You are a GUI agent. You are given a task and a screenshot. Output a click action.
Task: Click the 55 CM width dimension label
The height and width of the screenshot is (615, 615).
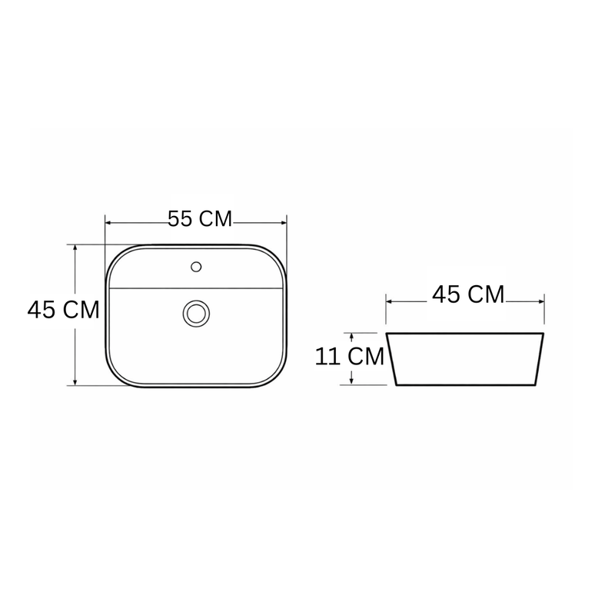200,219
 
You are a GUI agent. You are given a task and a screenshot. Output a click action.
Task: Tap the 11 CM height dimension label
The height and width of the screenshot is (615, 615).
350,357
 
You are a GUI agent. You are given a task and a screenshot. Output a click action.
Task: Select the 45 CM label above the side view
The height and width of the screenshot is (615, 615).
468,294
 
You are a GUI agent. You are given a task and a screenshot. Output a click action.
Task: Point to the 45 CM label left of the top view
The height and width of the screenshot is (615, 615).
64,310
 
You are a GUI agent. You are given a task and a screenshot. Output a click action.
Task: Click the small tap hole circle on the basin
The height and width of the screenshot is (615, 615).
196,267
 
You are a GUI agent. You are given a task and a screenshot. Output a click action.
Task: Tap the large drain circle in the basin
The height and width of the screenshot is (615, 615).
196,314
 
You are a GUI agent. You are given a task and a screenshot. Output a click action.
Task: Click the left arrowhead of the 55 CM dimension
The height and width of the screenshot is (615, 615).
108,223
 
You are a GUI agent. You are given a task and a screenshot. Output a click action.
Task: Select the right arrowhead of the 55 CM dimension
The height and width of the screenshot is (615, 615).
284,223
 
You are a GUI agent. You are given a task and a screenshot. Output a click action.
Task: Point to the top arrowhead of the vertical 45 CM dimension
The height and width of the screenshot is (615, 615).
75,248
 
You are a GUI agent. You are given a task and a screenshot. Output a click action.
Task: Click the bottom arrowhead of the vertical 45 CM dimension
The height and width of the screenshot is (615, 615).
75,382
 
